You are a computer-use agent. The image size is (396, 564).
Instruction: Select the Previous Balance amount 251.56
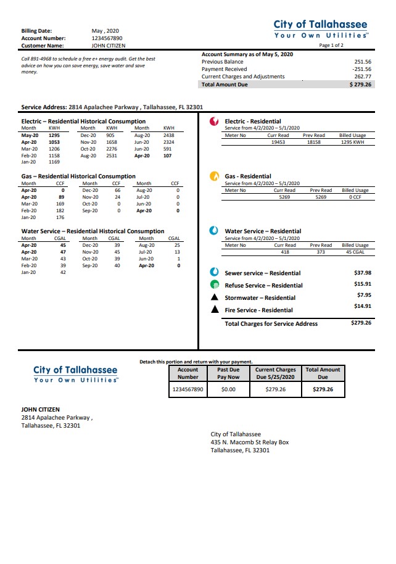pos(363,62)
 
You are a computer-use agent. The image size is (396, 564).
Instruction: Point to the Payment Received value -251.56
pos(362,69)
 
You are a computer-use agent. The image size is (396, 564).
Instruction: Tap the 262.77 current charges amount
pos(363,77)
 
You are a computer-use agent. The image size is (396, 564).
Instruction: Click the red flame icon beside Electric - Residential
pos(214,122)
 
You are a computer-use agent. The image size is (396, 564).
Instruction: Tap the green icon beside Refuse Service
pos(214,285)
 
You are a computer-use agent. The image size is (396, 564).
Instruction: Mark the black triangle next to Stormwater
pos(214,297)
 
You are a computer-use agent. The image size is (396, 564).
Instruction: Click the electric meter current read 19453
pos(278,141)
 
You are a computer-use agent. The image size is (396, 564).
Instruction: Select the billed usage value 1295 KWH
pos(353,141)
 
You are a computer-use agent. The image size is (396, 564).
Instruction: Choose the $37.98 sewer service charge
pos(362,272)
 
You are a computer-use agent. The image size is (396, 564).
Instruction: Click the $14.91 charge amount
pos(362,306)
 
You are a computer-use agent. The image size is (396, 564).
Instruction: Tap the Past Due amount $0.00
pos(228,389)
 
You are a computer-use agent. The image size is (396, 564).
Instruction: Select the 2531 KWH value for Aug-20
pos(112,156)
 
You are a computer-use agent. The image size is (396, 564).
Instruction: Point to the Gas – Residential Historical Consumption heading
pos(78,176)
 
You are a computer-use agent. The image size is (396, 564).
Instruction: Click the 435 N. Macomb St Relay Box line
pos(249,442)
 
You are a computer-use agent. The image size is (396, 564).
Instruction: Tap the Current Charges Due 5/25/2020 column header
pos(276,373)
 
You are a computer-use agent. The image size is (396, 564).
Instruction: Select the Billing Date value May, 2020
pos(105,31)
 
